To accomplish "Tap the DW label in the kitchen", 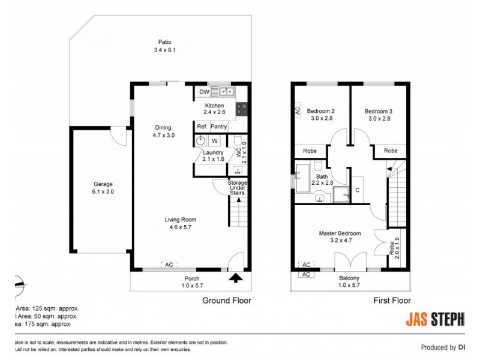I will (204, 92).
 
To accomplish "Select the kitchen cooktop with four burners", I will (242, 109).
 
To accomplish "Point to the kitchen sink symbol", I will (227, 91).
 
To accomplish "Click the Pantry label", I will (218, 127).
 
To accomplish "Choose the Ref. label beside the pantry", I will (202, 127).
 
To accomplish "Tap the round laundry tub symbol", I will (201, 141).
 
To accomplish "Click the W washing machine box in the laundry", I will (214, 141).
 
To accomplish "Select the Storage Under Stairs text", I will (238, 188).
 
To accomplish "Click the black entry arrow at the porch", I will (235, 277).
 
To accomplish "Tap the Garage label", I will (103, 184).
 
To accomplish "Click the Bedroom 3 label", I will (378, 111).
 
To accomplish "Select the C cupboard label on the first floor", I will (357, 190).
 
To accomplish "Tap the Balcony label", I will (349, 278).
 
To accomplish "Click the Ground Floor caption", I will (226, 301).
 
